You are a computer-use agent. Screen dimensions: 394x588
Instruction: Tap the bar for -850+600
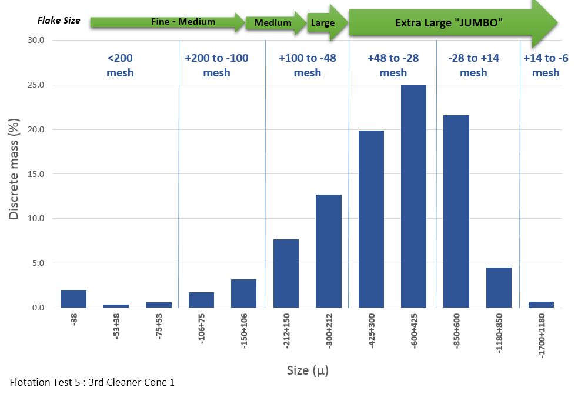click(x=456, y=211)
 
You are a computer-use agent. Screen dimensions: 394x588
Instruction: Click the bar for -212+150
click(x=286, y=273)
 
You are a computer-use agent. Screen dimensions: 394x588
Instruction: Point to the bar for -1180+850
click(x=499, y=288)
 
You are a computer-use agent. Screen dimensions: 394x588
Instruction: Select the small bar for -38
click(x=73, y=299)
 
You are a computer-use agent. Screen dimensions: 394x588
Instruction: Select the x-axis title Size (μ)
click(x=307, y=371)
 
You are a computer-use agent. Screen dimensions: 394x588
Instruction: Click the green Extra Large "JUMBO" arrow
click(x=450, y=23)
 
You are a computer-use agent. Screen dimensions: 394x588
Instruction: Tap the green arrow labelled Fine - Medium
click(x=168, y=22)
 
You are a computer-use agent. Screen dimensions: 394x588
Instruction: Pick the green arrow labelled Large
click(x=325, y=23)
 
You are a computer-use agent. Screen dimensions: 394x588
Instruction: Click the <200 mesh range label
click(x=120, y=65)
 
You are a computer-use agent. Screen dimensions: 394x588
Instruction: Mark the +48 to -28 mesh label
click(x=393, y=65)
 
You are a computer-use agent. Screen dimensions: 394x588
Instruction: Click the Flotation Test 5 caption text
click(x=92, y=382)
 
